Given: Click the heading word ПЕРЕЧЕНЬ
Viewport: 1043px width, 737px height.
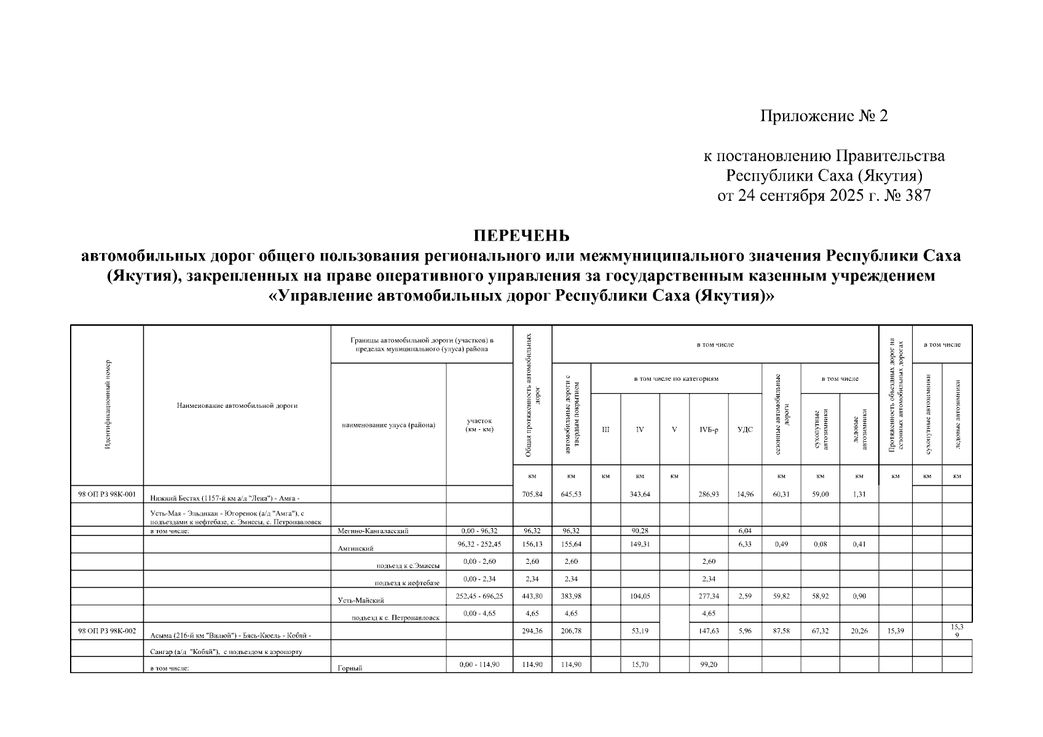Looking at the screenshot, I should click(x=521, y=236).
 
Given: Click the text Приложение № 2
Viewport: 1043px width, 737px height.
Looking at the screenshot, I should click(x=824, y=116).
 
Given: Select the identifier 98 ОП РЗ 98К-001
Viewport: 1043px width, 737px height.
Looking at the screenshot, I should click(x=107, y=494).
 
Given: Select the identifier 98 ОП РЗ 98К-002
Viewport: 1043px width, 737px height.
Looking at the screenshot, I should click(x=107, y=631).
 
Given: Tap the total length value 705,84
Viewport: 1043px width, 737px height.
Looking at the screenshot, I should click(x=532, y=494).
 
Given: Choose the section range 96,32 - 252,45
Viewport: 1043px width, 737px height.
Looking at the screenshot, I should click(x=479, y=544).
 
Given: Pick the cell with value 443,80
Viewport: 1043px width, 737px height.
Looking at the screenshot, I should click(x=532, y=596).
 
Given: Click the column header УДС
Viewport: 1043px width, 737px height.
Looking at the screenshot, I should click(x=744, y=429).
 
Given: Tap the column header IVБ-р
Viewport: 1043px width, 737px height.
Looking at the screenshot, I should click(x=709, y=429).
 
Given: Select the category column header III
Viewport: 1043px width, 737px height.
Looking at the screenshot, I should click(x=605, y=429).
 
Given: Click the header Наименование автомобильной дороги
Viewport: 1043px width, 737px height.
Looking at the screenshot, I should click(x=237, y=405).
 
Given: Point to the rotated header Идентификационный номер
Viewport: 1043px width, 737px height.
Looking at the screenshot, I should click(x=108, y=405).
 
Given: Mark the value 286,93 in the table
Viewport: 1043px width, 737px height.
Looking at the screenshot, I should click(x=709, y=494).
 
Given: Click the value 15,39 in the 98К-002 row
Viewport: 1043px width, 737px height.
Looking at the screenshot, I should click(x=895, y=631).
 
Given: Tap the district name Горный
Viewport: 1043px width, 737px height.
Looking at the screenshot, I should click(x=348, y=669).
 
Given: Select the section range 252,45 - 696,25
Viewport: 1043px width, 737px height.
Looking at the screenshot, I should click(x=479, y=596).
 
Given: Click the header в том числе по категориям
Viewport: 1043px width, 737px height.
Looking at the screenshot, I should click(x=676, y=378).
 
